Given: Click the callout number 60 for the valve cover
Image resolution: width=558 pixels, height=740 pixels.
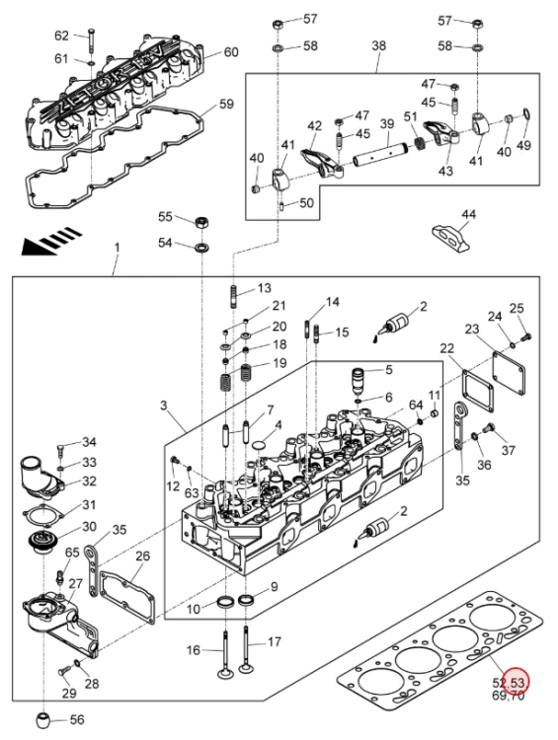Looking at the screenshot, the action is coord(230,51).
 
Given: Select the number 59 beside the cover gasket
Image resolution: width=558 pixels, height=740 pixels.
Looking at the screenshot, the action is coord(226,104).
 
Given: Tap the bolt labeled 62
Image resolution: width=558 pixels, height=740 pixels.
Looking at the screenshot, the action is coord(90,40).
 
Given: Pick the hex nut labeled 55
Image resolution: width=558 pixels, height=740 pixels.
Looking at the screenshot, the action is coord(202,221).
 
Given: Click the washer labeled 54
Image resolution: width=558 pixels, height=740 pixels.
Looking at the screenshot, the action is coord(203,247).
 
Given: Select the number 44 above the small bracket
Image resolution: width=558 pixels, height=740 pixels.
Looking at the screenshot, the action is coord(468,215).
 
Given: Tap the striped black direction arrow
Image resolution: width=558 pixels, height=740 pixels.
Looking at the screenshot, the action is coord(51,241).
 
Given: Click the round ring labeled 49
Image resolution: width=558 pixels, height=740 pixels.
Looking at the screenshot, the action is coord(526,114).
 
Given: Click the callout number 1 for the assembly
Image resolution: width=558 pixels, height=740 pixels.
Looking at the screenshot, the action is coord(118,248).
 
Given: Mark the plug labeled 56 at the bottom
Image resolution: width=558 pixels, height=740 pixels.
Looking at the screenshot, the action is coord(43,719).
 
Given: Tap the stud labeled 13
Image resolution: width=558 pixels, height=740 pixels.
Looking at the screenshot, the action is coord(234,296).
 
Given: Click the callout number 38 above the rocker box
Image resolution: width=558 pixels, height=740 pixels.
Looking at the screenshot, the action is coord(378,45).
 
